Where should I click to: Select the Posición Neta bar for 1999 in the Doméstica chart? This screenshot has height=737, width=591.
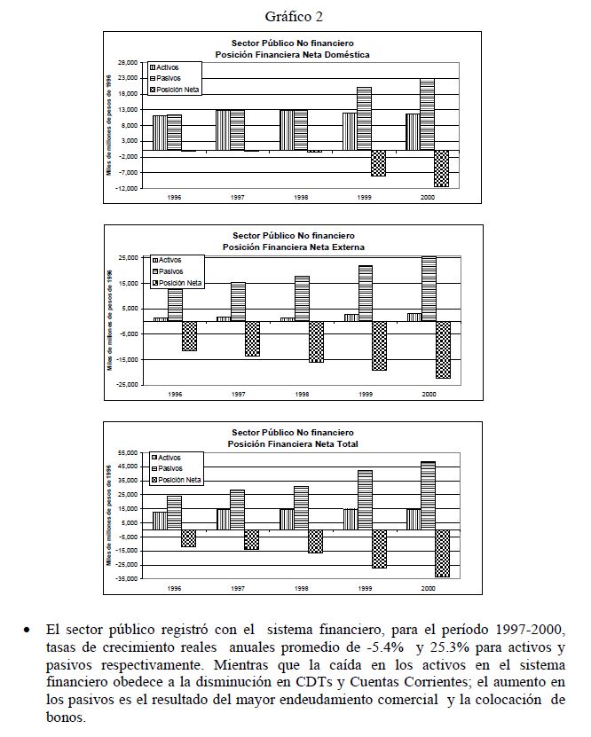[378, 163]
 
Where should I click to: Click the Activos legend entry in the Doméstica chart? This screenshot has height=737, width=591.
[167, 67]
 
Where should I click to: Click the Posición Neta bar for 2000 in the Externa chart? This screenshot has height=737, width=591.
[442, 349]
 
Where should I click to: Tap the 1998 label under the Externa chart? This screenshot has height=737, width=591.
[302, 393]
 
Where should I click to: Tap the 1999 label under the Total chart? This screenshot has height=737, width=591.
[365, 588]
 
